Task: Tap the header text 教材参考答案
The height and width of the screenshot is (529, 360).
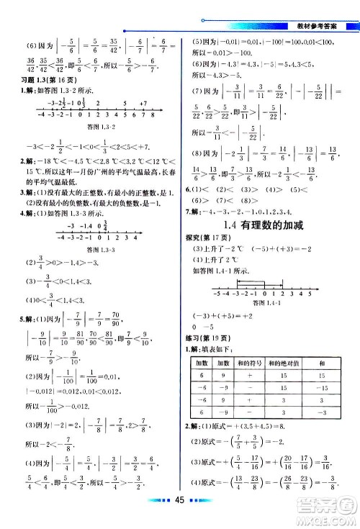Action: (323, 27)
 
